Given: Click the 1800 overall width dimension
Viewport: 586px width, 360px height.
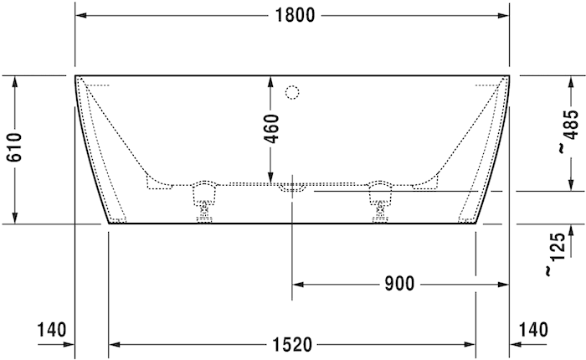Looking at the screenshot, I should click(291, 14).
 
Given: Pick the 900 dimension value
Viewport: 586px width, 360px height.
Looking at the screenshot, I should click(400, 285).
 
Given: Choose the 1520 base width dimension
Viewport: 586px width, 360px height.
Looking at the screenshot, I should click(291, 344).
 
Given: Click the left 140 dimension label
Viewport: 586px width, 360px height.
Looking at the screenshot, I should click(50, 329).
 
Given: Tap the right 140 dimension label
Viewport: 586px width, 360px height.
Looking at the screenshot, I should click(534, 329).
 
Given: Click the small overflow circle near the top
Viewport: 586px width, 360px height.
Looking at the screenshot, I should click(293, 91).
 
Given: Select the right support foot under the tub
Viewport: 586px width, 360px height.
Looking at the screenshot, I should click(381, 201).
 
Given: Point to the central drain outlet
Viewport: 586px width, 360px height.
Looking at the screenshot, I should click(292, 186).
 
